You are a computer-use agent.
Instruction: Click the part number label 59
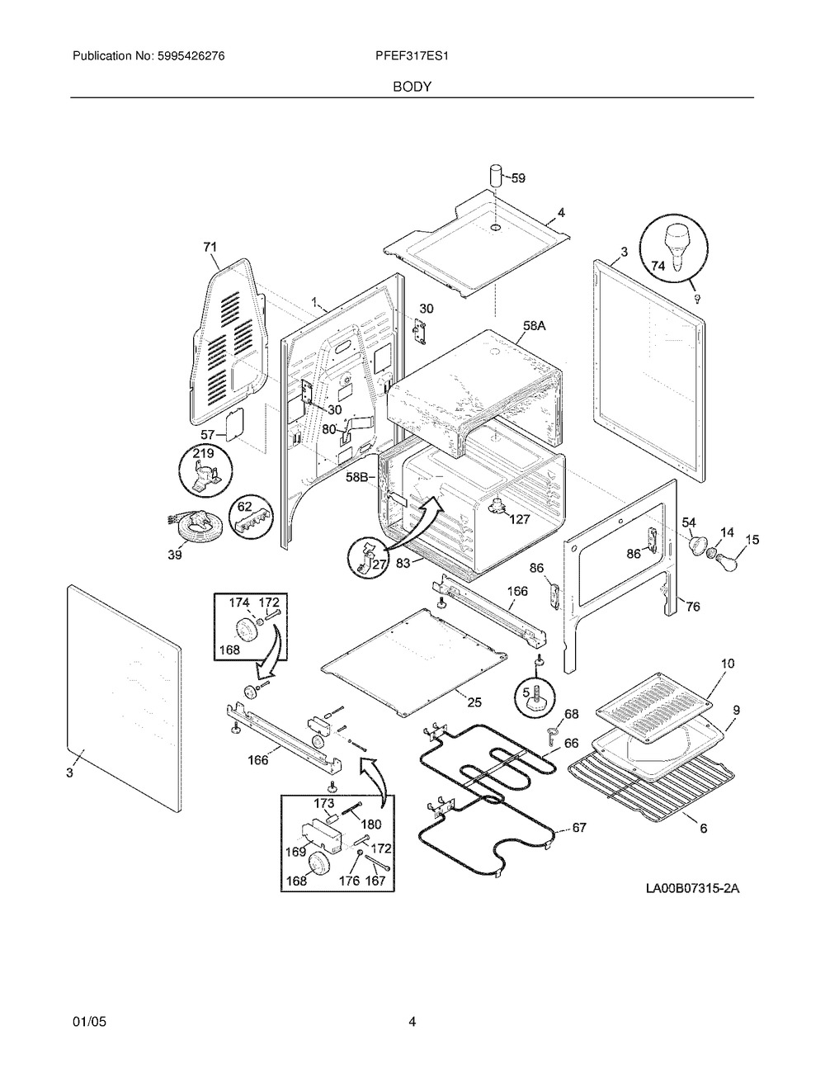pos(519,178)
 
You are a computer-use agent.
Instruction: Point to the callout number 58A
pos(534,326)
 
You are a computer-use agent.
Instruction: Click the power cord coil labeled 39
pos(198,526)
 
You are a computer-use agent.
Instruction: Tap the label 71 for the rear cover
pos(210,248)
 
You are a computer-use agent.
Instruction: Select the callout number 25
pos(474,703)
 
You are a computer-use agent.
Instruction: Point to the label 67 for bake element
pos(579,828)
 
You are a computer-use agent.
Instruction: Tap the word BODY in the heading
pos(412,87)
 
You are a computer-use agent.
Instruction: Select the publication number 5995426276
pos(191,56)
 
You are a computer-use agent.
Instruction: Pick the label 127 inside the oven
pos(520,519)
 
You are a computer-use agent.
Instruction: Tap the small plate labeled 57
pos(234,421)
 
